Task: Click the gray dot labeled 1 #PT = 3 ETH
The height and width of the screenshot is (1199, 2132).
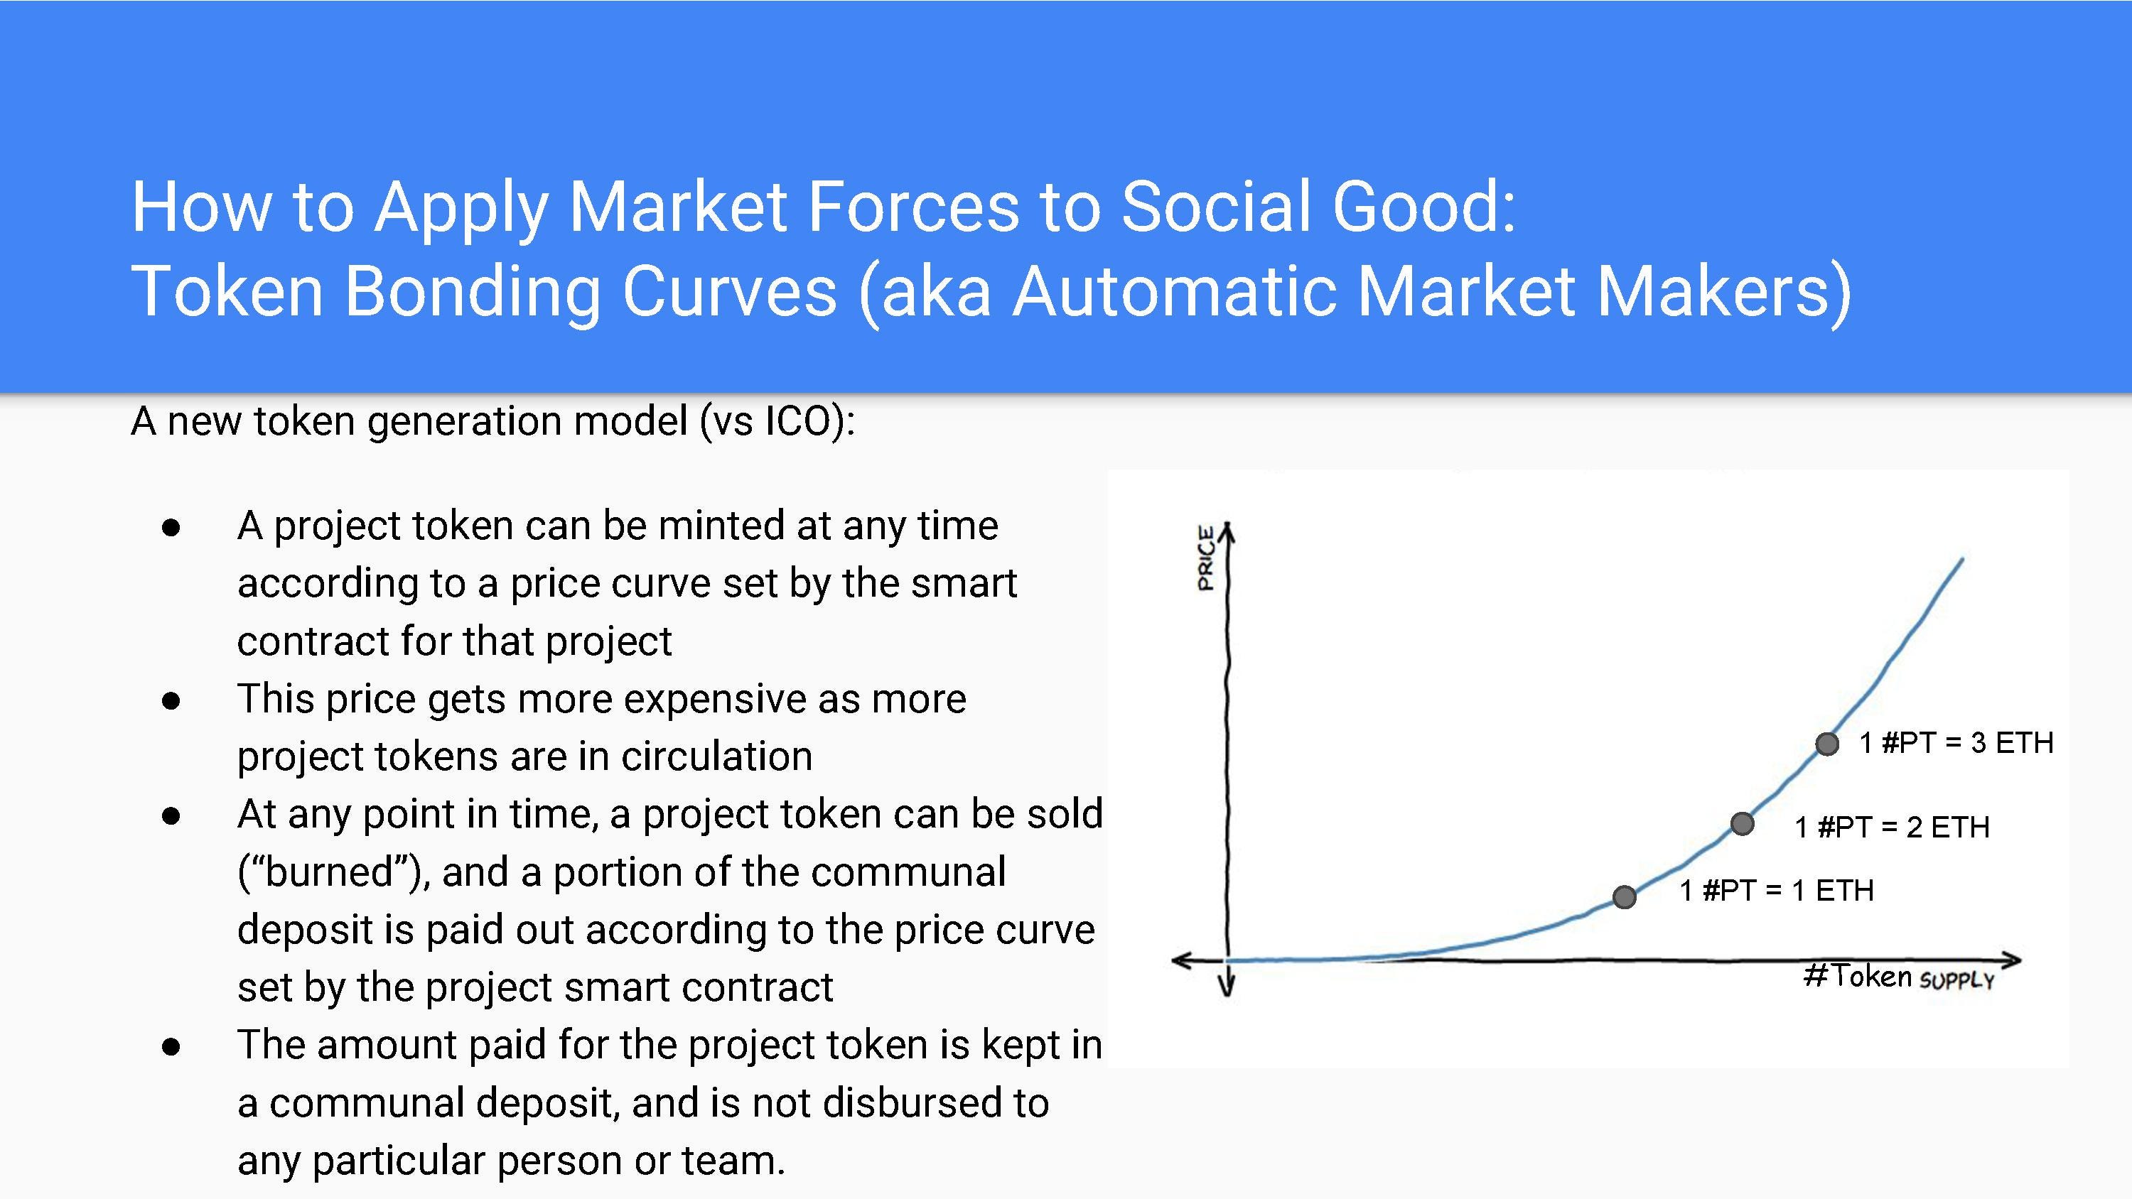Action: pyautogui.click(x=1826, y=744)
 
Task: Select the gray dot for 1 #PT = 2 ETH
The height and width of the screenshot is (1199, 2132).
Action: pyautogui.click(x=1742, y=823)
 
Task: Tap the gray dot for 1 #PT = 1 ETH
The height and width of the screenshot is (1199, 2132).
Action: pyautogui.click(x=1625, y=896)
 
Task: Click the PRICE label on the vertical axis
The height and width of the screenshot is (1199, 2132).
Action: pyautogui.click(x=1206, y=558)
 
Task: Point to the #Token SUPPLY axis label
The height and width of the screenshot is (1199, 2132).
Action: pyautogui.click(x=1900, y=977)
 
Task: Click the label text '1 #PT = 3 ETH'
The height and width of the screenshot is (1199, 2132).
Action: pyautogui.click(x=1956, y=742)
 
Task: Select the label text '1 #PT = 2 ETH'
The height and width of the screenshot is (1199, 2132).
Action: pyautogui.click(x=1892, y=827)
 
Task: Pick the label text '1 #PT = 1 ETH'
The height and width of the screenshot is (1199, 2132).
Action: pyautogui.click(x=1777, y=890)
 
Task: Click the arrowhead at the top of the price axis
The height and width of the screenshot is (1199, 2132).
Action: pyautogui.click(x=1228, y=530)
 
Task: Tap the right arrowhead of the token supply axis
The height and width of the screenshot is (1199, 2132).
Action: pyautogui.click(x=2013, y=960)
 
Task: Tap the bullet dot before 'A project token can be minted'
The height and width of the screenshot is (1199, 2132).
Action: pyautogui.click(x=171, y=528)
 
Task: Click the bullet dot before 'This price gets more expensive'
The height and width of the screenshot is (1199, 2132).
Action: pyautogui.click(x=171, y=701)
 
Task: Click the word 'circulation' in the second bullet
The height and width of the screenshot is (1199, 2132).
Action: pyautogui.click(x=717, y=756)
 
